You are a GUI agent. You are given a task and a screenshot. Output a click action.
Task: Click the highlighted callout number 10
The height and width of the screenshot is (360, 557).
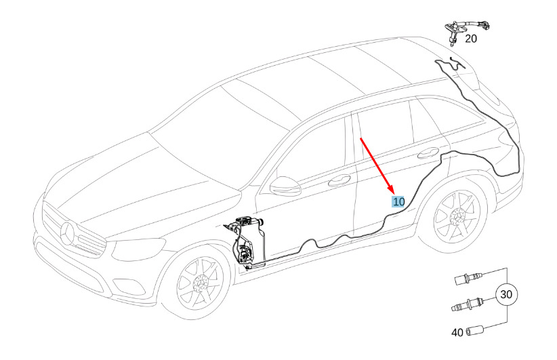(398, 201)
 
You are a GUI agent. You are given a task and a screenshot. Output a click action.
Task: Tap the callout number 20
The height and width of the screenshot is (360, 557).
(471, 39)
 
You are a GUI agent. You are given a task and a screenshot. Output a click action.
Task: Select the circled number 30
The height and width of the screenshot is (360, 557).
(506, 295)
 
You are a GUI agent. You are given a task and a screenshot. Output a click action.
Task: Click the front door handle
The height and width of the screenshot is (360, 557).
(339, 180)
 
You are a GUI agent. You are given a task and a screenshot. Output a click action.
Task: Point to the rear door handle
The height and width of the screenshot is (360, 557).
(430, 151)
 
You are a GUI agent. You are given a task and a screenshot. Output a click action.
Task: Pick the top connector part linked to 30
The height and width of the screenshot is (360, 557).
(468, 277)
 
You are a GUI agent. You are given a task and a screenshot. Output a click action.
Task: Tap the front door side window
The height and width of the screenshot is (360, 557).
(315, 156)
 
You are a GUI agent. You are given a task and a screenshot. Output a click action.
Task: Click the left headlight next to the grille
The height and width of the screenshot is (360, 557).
(126, 252)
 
